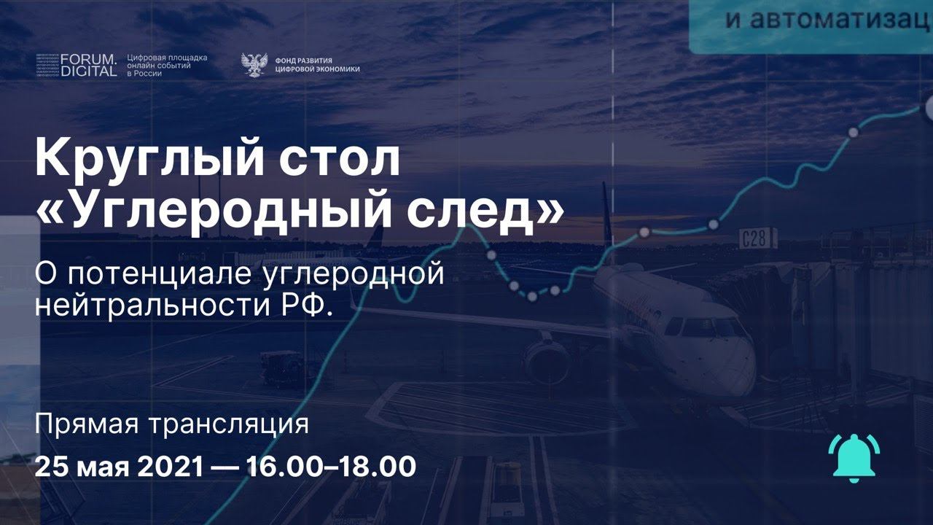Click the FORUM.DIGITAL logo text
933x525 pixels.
click(88, 65)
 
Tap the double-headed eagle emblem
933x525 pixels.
click(254, 65)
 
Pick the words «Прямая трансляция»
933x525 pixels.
click(172, 424)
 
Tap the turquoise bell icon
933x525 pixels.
click(854, 457)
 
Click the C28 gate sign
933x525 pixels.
click(754, 238)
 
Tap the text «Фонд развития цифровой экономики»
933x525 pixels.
click(318, 65)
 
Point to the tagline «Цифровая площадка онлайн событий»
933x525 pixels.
click(167, 65)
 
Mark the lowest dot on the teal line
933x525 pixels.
click(532, 297)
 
